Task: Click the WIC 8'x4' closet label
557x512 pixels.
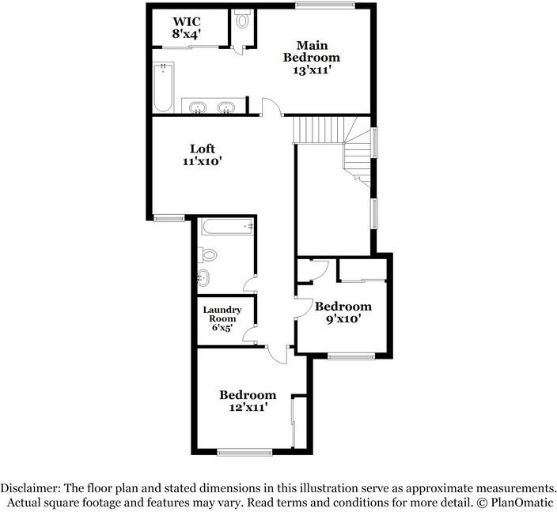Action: coord(187,28)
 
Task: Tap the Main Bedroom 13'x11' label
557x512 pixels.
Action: coord(312,58)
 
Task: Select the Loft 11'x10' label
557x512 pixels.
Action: coord(202,155)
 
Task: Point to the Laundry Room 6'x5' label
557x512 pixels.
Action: coord(222,318)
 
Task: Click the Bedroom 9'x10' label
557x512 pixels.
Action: coord(343,312)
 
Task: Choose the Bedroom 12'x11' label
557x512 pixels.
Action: coord(248,401)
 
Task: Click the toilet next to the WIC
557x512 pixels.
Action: coord(243,20)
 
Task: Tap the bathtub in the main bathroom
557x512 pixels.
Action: coord(164,87)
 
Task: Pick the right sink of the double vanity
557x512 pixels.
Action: coord(226,107)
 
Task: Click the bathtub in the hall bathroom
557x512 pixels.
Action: coord(227,227)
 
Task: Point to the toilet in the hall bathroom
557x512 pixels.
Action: coord(207,254)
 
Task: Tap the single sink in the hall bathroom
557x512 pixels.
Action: coord(203,277)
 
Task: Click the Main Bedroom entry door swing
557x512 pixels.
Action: coord(271,107)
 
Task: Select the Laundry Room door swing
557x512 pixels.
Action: coord(249,333)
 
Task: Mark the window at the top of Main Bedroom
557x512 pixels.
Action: coord(325,5)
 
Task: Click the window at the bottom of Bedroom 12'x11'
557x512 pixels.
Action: coord(244,452)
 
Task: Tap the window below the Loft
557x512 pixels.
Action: coord(169,218)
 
